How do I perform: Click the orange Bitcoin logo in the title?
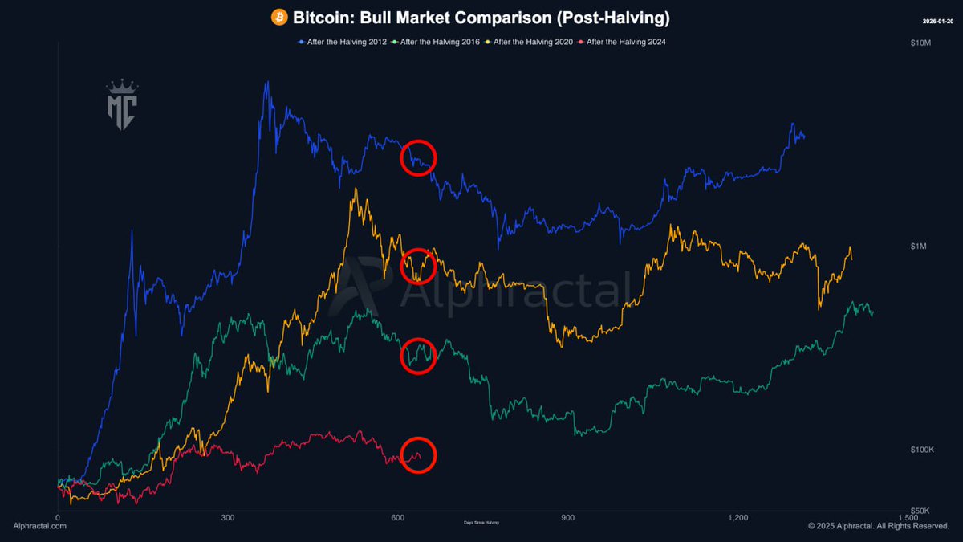pyautogui.click(x=279, y=17)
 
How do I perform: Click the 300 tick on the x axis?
pyautogui.click(x=228, y=518)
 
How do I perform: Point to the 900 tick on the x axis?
pyautogui.click(x=568, y=518)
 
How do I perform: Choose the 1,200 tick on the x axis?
pyautogui.click(x=738, y=518)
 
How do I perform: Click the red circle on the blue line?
pyautogui.click(x=418, y=157)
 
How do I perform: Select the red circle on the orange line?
pyautogui.click(x=418, y=264)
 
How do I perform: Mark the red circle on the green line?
pyautogui.click(x=418, y=356)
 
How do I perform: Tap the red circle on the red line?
pyautogui.click(x=418, y=455)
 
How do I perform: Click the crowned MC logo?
pyautogui.click(x=122, y=102)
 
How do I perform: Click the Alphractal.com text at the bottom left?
pyautogui.click(x=40, y=526)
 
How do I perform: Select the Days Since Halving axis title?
pyautogui.click(x=481, y=523)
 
